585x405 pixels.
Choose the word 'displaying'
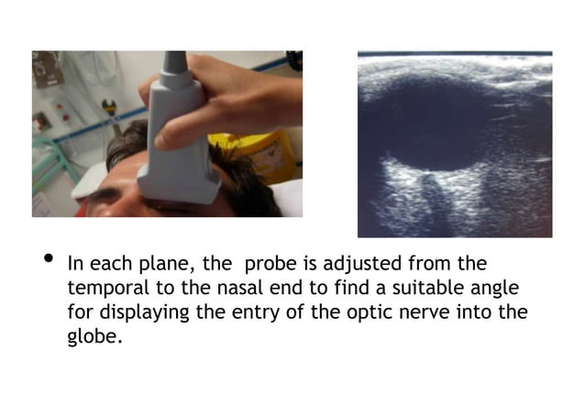point(143,312)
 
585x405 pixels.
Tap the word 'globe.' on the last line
point(94,336)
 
